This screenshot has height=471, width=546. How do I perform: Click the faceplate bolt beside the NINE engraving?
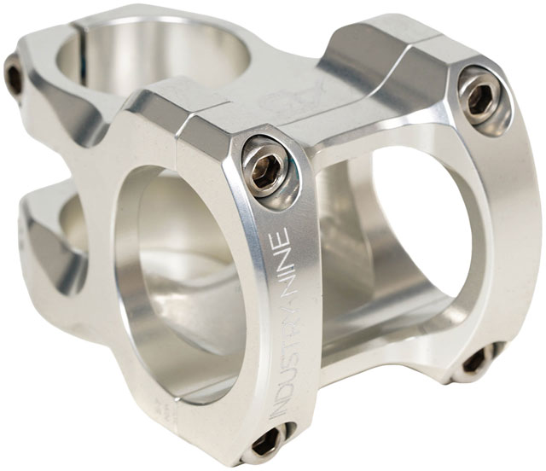270,161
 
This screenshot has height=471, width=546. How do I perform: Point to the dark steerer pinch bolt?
14,78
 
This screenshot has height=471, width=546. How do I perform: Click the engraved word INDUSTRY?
281,350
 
